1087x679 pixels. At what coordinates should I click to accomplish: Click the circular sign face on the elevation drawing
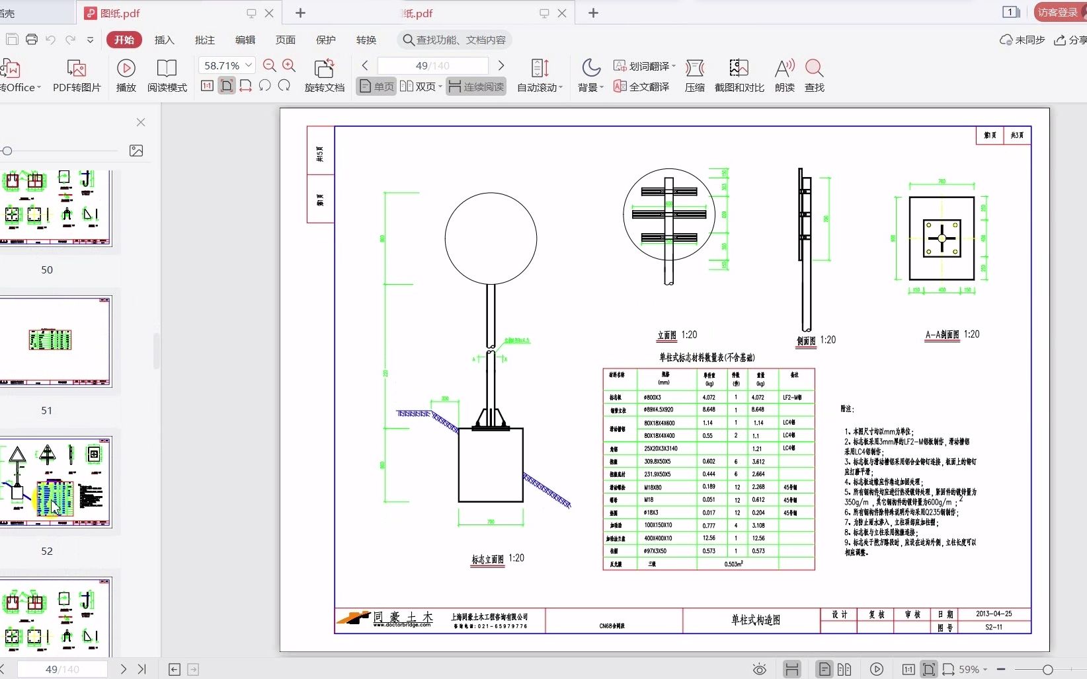point(491,238)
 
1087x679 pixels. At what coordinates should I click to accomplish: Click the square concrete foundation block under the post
point(491,465)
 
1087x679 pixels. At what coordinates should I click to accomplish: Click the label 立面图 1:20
point(676,335)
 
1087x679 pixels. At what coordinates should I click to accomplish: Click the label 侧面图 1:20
point(816,340)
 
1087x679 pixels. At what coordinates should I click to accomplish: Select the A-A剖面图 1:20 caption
point(951,334)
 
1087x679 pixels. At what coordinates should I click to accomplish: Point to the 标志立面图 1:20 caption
point(497,559)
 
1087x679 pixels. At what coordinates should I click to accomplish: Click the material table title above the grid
point(706,357)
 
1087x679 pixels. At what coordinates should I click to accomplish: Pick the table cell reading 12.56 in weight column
point(758,538)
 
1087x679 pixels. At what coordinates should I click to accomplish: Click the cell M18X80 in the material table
point(653,487)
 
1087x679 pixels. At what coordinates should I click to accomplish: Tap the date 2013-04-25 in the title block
point(993,614)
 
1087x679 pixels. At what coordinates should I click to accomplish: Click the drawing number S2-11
point(993,627)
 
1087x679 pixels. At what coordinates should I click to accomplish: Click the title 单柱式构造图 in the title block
point(755,620)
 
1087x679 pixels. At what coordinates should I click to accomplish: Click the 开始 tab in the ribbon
point(124,40)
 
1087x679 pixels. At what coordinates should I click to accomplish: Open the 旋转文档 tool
point(324,75)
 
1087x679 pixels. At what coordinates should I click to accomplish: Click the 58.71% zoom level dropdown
point(227,65)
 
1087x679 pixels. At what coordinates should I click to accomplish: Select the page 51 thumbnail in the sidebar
point(56,341)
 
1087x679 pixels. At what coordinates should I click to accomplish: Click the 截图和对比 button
point(739,75)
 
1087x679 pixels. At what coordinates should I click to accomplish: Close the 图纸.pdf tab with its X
point(269,13)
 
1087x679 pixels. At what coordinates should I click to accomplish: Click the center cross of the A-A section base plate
point(942,238)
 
